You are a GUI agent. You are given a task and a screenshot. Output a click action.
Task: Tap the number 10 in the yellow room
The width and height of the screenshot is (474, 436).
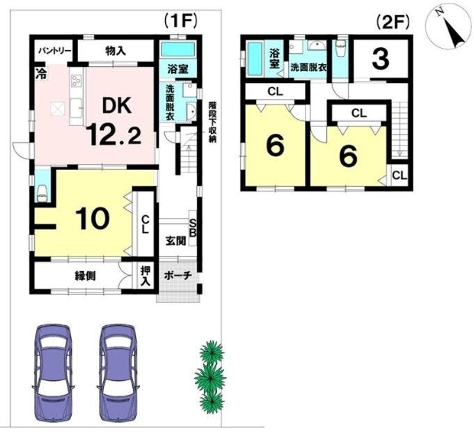(x=92, y=219)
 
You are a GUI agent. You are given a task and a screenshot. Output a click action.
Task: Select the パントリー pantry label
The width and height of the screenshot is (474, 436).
(x=54, y=51)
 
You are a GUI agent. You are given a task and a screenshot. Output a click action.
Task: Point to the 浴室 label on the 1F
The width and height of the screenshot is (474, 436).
(x=177, y=69)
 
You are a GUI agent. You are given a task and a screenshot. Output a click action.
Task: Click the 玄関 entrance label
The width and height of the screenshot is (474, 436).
(x=175, y=241)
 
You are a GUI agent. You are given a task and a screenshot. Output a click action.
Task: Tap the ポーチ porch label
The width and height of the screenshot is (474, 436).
(x=178, y=275)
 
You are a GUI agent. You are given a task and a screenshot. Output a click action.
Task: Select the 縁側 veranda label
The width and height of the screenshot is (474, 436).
(x=85, y=276)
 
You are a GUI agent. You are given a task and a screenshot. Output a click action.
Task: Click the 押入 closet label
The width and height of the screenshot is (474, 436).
(x=145, y=276)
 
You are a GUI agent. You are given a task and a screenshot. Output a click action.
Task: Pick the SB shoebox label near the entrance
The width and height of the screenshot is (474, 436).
(x=193, y=228)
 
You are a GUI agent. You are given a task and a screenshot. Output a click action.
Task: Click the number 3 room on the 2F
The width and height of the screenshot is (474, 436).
(x=381, y=59)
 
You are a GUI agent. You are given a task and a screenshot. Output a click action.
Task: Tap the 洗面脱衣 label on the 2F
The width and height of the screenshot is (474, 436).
(x=308, y=67)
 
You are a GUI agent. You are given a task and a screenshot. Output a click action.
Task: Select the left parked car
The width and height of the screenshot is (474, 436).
(x=53, y=373)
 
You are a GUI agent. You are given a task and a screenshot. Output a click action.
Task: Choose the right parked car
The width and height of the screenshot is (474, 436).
(x=118, y=373)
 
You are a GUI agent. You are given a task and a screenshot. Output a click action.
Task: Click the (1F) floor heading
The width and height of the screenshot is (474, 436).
(x=180, y=22)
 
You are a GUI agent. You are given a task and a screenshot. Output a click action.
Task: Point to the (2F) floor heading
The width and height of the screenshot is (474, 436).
(x=393, y=22)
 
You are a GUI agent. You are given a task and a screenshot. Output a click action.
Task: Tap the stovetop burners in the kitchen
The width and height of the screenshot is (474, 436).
(x=76, y=81)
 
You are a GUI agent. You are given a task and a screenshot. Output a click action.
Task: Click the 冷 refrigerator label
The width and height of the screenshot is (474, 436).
(x=41, y=74)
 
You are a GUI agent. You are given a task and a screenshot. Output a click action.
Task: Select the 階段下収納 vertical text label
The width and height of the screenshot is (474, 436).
(x=212, y=122)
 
